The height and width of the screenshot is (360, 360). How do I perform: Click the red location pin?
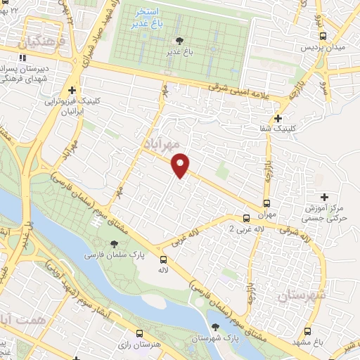[181, 165]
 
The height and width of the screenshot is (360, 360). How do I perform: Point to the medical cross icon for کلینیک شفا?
[278, 118]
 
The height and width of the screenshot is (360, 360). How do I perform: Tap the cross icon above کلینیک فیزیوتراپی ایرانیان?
[72, 90]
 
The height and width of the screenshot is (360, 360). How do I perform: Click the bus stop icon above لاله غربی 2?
[245, 218]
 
